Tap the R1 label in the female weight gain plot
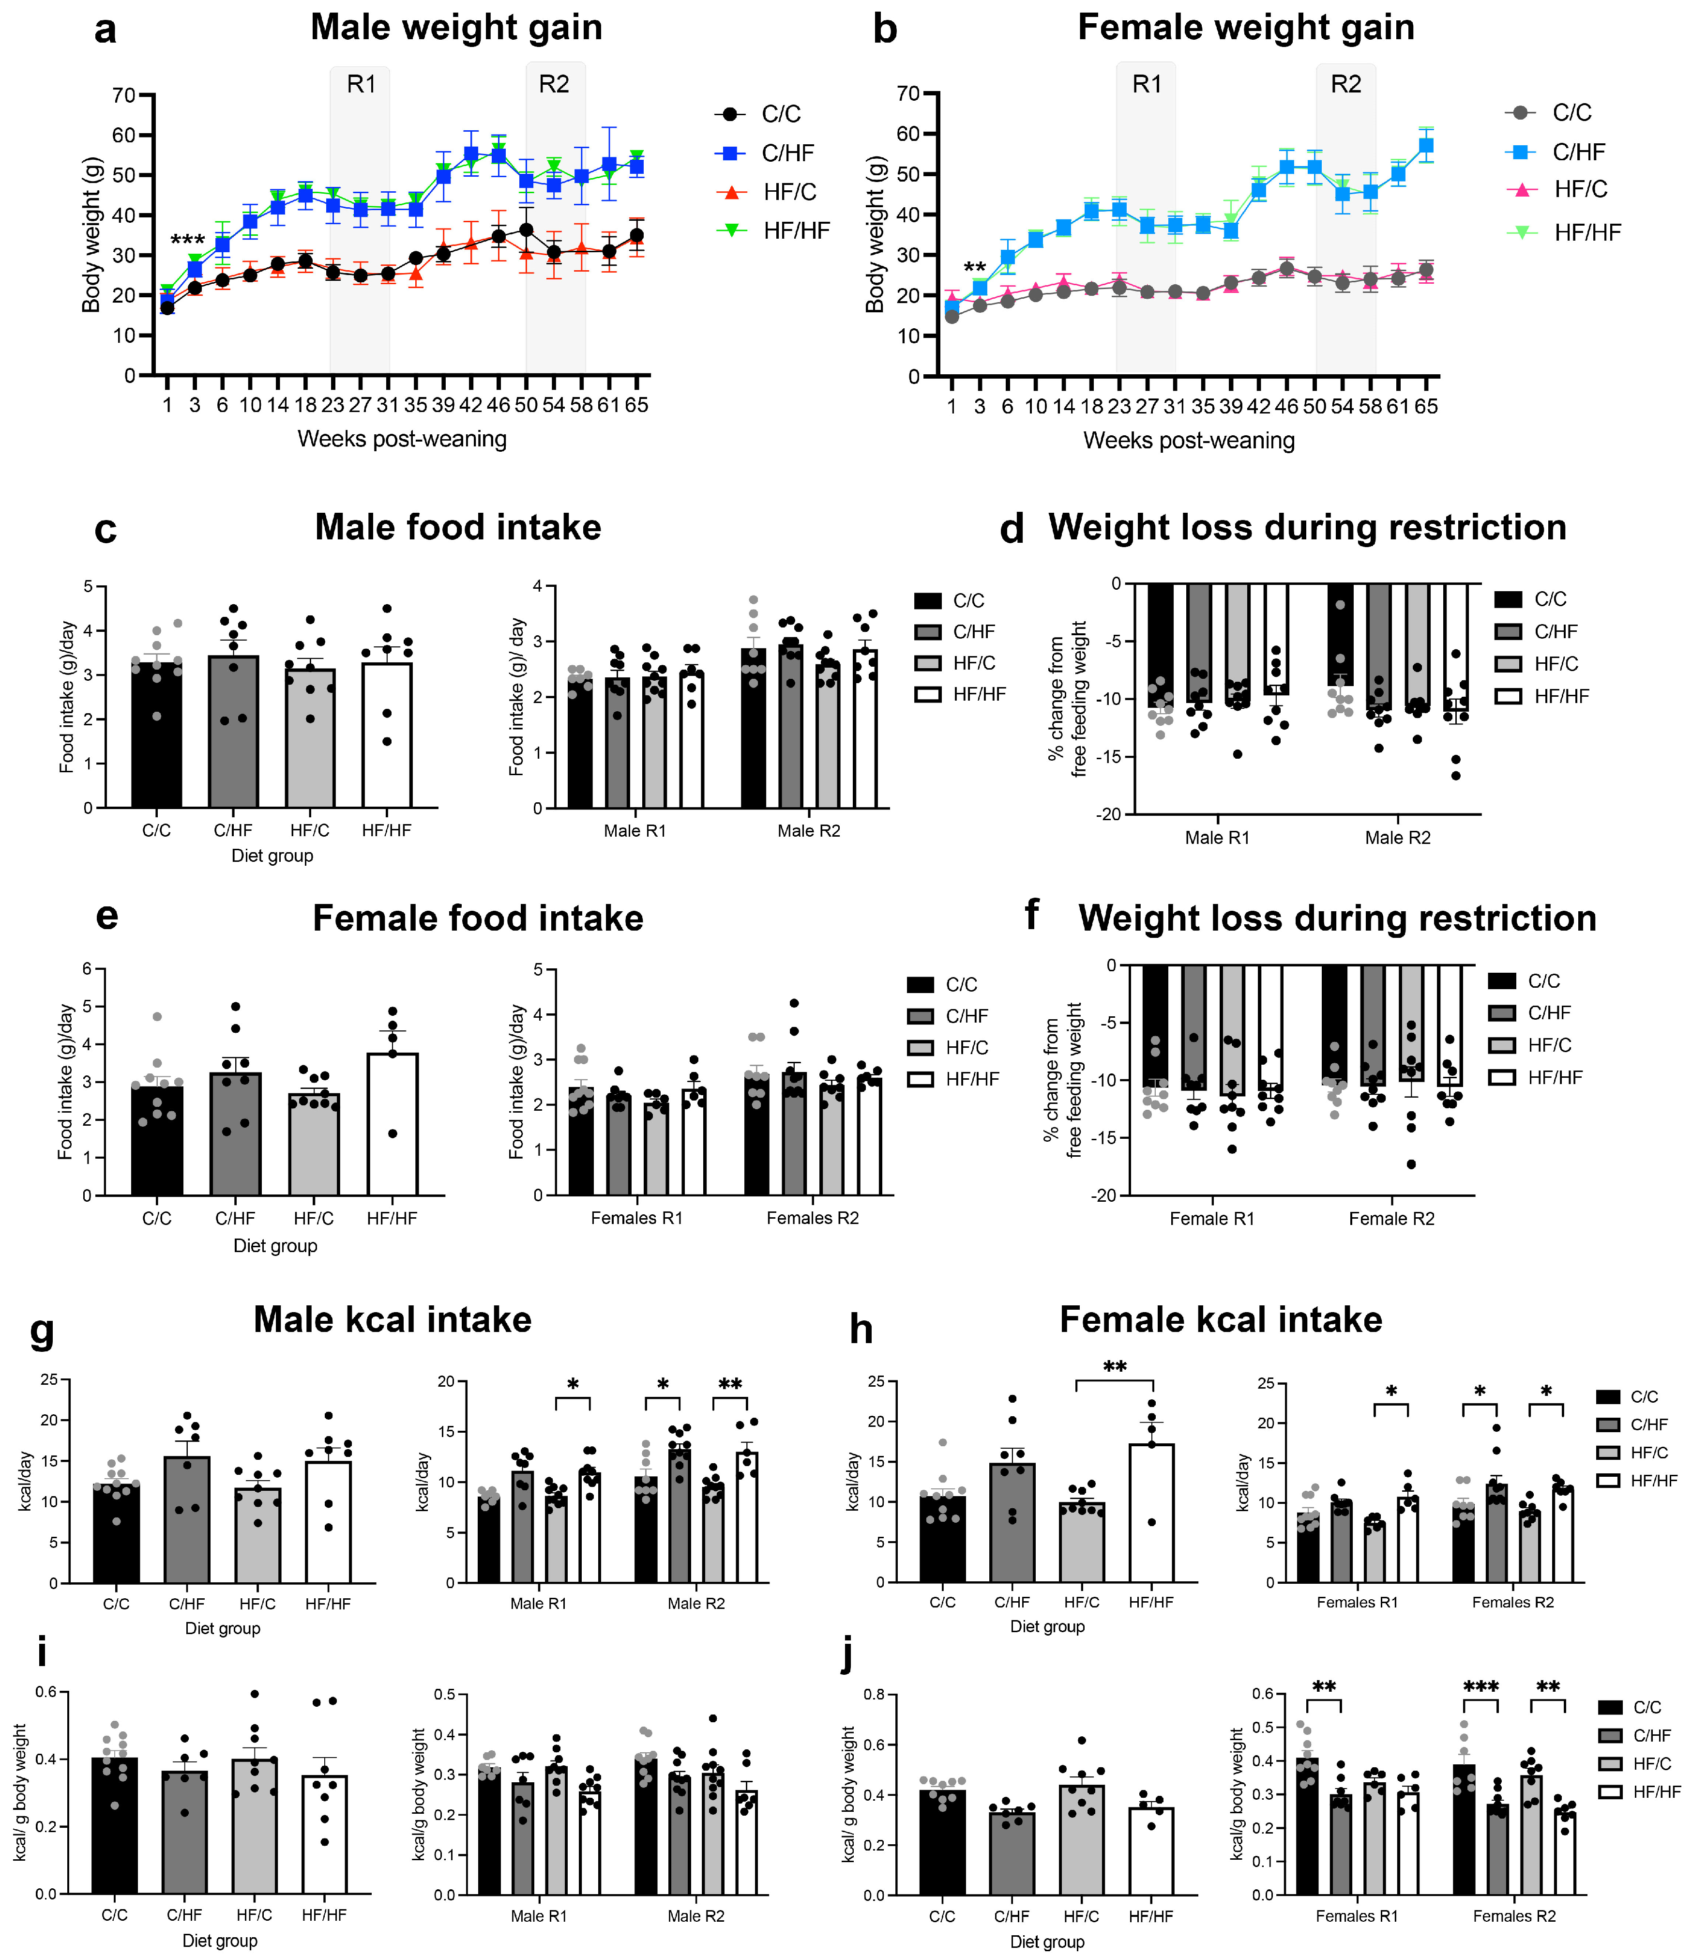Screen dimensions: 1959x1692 click(x=1147, y=84)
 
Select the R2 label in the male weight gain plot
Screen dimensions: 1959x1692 click(x=554, y=84)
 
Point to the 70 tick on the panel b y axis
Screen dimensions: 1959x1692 click(x=907, y=93)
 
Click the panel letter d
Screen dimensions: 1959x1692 click(x=1012, y=530)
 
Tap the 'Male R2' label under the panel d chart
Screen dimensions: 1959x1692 click(x=1397, y=838)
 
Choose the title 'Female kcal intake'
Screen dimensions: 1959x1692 click(x=1220, y=1320)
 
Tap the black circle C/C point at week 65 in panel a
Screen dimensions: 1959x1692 click(x=637, y=235)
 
